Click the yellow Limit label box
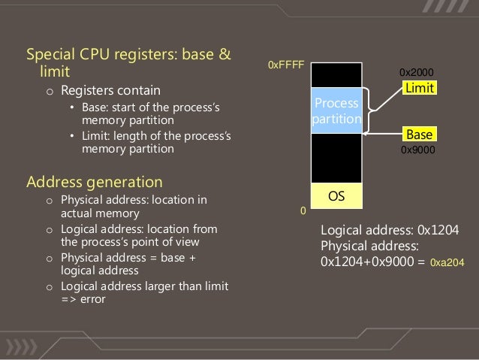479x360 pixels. click(x=419, y=89)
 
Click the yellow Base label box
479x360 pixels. click(x=419, y=135)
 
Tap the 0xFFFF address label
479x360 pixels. click(x=285, y=66)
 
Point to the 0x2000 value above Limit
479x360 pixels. click(x=416, y=73)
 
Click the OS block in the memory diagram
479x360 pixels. click(x=336, y=196)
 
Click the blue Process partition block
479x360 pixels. click(x=336, y=110)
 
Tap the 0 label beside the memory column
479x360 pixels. click(x=303, y=212)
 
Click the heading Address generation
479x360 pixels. click(x=94, y=182)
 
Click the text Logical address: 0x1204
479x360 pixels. click(x=387, y=231)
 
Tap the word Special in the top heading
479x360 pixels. click(x=50, y=56)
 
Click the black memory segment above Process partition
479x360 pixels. click(x=336, y=76)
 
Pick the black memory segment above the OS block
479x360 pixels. click(x=336, y=159)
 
